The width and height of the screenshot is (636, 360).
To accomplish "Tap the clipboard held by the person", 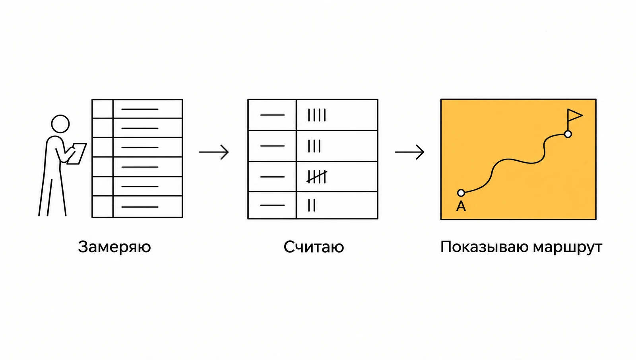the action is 77,154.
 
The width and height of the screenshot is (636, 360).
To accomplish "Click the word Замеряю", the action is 114,247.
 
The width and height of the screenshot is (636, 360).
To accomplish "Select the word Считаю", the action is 314,247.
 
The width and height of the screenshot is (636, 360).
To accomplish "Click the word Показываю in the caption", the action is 485,247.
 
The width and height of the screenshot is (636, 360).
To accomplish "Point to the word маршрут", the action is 568,247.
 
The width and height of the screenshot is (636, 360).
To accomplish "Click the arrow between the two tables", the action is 214,152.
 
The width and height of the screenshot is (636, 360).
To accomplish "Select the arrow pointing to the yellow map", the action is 409,152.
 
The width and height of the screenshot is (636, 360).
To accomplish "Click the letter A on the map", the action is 461,206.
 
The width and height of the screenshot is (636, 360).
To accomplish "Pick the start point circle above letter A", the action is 461,193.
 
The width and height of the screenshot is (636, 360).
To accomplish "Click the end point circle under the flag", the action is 568,134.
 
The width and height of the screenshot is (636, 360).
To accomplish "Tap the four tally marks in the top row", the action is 317,115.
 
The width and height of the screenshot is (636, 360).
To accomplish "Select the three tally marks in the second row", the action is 314,146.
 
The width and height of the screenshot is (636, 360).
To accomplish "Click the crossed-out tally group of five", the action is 317,177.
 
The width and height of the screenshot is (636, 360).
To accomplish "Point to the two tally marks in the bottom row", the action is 312,205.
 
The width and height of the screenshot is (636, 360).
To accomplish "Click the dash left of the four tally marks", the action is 272,115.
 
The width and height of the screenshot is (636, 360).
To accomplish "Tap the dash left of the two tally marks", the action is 272,205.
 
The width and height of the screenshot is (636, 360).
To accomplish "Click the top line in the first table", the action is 140,109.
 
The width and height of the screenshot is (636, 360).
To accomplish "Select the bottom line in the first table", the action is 140,207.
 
